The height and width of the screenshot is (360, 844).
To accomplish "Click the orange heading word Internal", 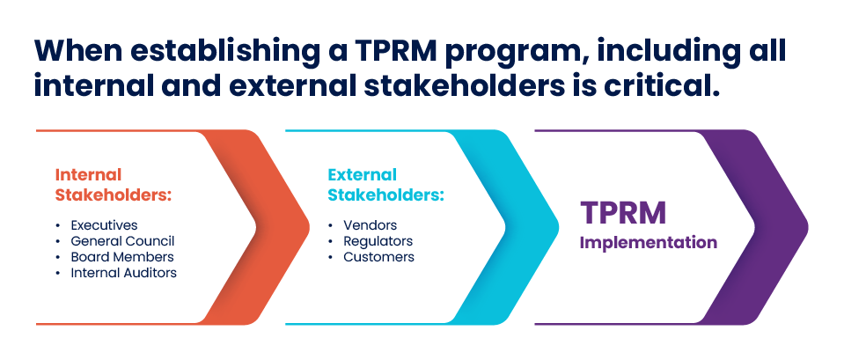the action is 88,175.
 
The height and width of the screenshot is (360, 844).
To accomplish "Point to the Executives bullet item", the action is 104,225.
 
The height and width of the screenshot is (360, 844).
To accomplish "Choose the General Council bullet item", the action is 122,241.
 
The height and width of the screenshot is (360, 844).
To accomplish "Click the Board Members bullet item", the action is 122,257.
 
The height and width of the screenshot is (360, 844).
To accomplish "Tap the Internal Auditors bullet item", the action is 124,273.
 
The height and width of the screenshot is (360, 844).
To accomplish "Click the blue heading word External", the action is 363,175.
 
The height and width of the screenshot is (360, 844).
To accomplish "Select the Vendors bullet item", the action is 371,225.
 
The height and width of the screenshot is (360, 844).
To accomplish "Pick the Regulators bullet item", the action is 378,241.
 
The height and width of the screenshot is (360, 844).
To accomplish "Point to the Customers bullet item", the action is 379,257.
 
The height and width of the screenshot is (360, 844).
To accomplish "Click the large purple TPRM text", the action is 623,212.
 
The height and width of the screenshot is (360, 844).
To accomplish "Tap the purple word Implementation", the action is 649,243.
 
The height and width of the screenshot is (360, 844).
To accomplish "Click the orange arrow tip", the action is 310,227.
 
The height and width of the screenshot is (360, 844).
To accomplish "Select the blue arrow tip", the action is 559,227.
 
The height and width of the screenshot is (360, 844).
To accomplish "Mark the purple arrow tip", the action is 807,227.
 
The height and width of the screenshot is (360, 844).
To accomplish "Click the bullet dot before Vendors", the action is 331,225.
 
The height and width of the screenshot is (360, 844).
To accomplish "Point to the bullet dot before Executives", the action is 58,225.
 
